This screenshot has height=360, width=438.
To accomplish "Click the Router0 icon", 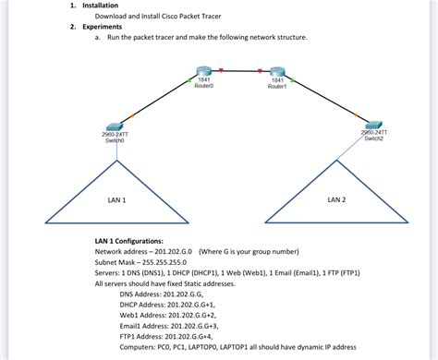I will [204, 73].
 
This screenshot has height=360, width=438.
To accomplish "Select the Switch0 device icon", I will [115, 126].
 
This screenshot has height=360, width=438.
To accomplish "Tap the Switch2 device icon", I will [373, 124].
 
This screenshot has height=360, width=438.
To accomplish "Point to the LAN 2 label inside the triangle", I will [336, 198].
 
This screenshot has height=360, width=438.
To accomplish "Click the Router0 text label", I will [204, 87].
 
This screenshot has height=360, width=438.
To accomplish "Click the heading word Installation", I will [100, 6].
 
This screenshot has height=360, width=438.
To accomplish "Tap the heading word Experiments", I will [102, 27].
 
